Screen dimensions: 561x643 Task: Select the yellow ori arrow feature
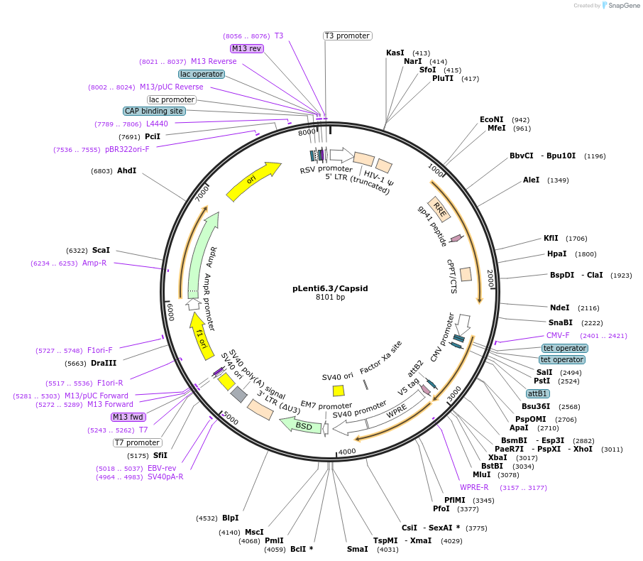[253, 182]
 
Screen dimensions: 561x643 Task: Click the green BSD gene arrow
[301, 425]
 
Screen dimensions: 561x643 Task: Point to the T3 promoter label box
[347, 36]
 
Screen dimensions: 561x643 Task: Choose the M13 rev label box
[246, 48]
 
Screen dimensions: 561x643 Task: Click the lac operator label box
[202, 74]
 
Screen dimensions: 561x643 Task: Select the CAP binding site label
[154, 111]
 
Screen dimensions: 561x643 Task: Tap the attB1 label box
[537, 393]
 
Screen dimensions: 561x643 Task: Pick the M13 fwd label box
[128, 417]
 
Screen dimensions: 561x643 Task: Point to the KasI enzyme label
[395, 53]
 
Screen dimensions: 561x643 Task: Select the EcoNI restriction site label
[491, 119]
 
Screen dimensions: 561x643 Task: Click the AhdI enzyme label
[126, 170]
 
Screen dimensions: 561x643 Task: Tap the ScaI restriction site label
[101, 250]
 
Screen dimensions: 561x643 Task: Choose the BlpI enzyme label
[230, 518]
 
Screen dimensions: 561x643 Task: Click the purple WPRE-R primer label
[474, 487]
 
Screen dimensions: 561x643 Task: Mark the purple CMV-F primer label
[558, 335]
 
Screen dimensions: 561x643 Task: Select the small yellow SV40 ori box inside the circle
[339, 391]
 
